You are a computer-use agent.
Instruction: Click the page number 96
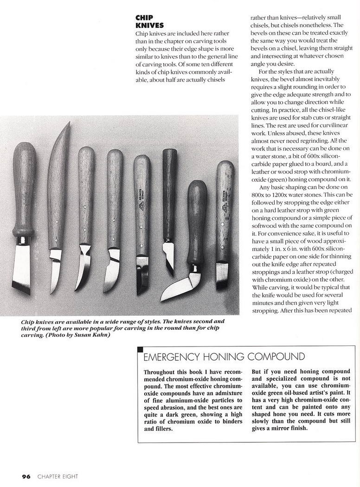[26, 476]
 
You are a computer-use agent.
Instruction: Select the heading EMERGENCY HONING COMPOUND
[224, 357]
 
